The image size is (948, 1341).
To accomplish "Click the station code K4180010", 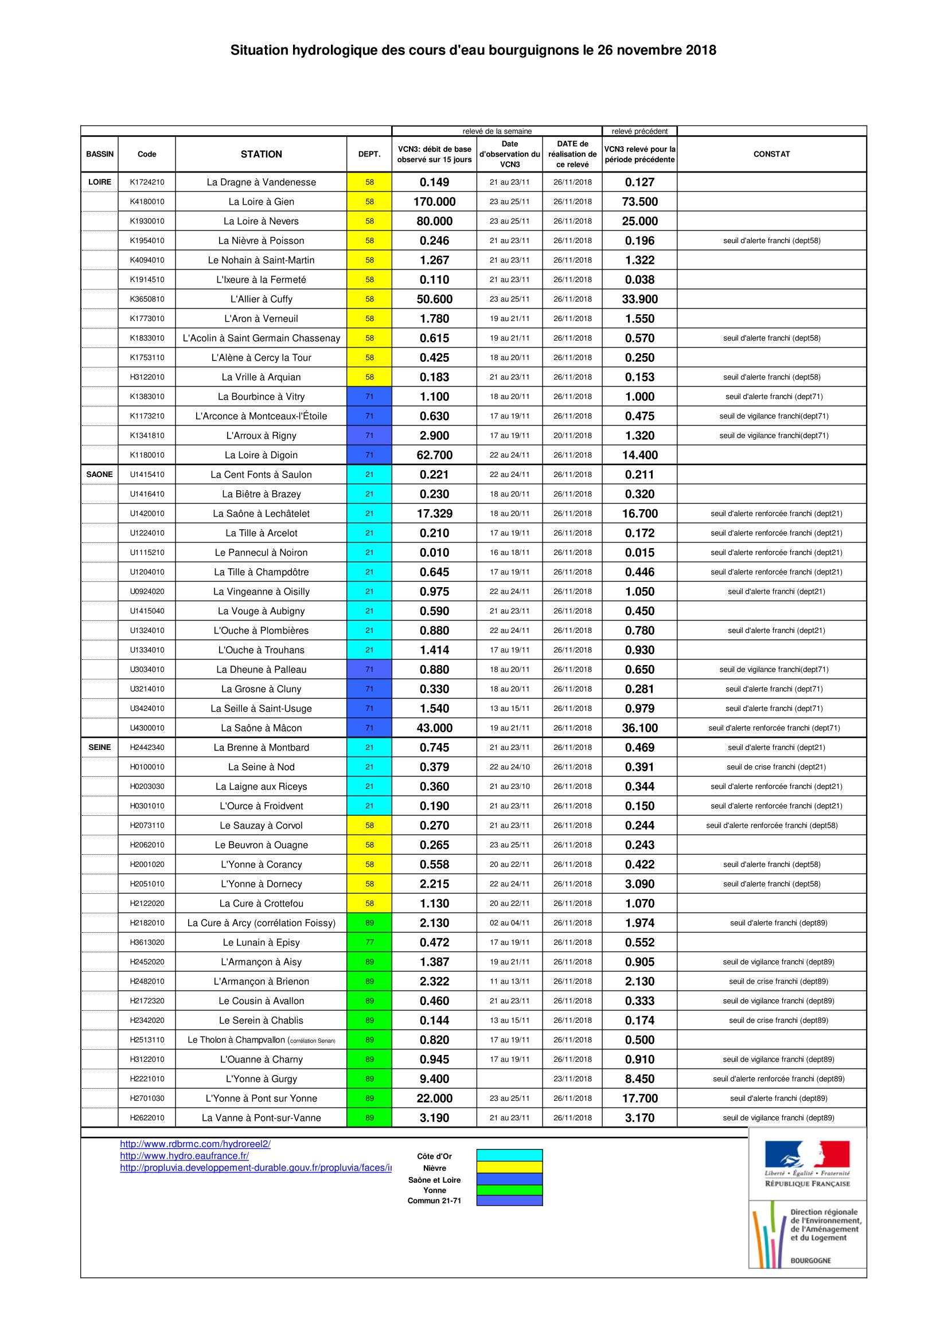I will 147,201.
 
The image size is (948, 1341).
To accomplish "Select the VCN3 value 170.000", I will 435,201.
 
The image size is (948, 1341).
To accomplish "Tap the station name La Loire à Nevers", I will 261,221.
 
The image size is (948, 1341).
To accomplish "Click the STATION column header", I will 261,154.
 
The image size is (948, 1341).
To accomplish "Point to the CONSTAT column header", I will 771,154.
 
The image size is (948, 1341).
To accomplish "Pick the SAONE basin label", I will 99,474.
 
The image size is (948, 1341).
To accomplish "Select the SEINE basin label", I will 99,747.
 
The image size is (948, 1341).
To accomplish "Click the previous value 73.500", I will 639,201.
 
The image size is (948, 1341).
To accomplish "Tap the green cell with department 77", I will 369,942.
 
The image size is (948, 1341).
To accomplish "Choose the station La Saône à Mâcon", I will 261,728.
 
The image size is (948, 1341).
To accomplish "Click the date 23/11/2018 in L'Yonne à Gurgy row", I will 572,1079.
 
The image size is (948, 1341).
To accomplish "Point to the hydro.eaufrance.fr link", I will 185,1156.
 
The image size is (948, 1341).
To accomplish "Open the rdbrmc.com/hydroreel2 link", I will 195,1144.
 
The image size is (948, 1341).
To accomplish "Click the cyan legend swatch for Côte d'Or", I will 509,1155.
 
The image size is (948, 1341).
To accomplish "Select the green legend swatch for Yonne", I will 509,1190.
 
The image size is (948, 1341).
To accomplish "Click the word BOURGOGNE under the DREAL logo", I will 810,1260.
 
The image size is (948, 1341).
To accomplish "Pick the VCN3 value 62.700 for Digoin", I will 435,455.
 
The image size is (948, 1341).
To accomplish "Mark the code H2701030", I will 147,1098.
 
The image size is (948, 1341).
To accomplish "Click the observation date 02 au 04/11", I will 509,923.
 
